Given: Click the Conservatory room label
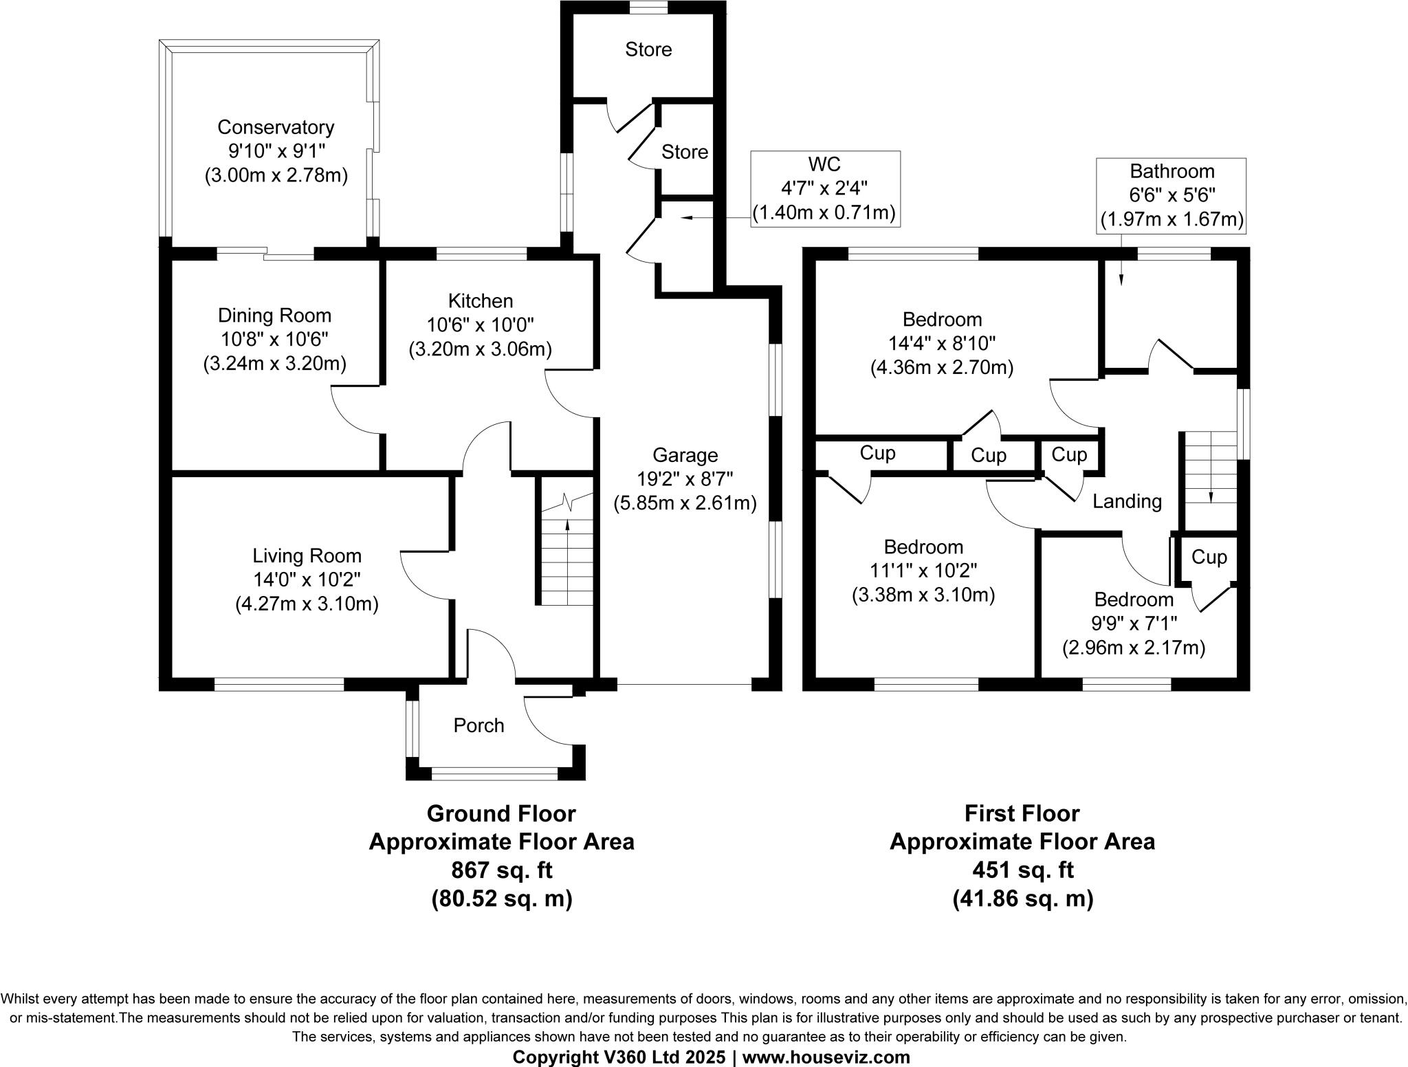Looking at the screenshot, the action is [276, 127].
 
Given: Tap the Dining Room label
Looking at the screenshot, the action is [274, 316].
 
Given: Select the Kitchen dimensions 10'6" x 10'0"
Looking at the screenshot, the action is [481, 324].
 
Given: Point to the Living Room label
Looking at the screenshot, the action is [307, 555].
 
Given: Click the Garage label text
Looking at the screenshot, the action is [685, 455].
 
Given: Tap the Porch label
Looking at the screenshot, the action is [478, 725].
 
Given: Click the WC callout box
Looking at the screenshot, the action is [824, 188].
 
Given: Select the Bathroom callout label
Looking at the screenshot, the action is [1172, 171].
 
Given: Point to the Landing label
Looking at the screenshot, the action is [1127, 501].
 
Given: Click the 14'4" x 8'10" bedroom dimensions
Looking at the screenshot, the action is [942, 343].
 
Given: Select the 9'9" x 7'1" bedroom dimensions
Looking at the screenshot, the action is [1134, 624].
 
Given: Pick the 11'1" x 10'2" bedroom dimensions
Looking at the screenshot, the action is [923, 571].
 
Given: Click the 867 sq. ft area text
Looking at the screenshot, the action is [501, 870].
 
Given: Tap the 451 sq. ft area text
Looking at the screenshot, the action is [1022, 870].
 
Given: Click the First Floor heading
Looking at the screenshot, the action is [1022, 813].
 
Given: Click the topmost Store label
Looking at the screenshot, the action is [648, 49].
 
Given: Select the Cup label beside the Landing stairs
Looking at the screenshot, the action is [1209, 557].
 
